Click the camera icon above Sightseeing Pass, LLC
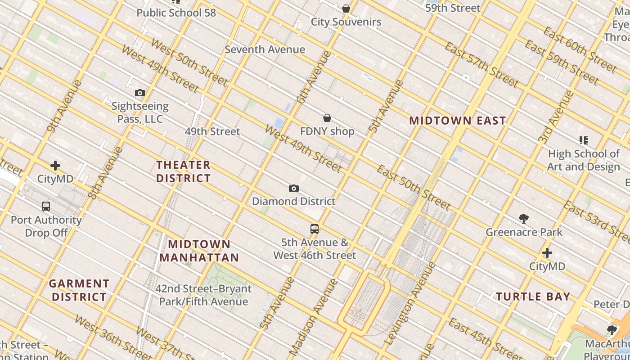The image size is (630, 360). (x=140, y=93)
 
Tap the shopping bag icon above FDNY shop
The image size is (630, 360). (x=327, y=118)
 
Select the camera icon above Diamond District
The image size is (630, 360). (x=293, y=188)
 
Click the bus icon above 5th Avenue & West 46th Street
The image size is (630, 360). (x=315, y=229)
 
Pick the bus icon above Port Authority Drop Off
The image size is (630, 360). (x=46, y=207)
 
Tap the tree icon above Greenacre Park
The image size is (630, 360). (x=523, y=219)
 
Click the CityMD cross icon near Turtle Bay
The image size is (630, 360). (x=547, y=253)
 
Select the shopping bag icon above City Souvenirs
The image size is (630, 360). (x=346, y=9)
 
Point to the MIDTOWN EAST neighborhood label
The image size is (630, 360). (x=457, y=121)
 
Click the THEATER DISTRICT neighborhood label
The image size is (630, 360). (x=183, y=171)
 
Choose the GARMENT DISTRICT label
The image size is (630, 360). (x=79, y=290)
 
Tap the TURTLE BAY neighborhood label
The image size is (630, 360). (x=533, y=297)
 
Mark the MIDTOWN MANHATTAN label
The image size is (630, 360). (x=199, y=251)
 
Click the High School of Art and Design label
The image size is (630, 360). (x=584, y=160)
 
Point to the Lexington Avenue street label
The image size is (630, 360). (x=410, y=305)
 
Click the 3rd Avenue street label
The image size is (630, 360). (x=556, y=117)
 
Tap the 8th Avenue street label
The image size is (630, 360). (x=105, y=173)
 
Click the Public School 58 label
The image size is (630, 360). (x=176, y=13)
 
